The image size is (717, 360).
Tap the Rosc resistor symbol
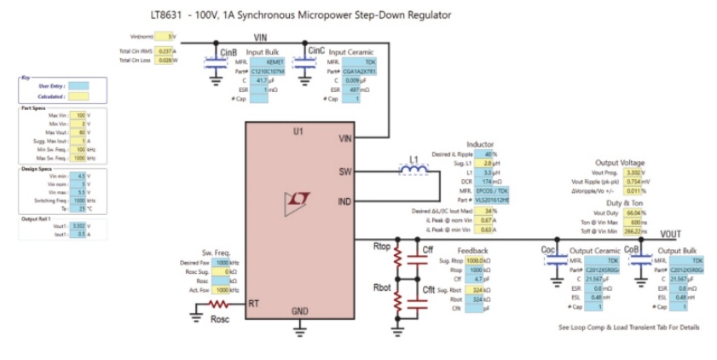(220, 304)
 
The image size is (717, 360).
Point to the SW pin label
(344, 171)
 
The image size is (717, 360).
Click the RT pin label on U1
(253, 304)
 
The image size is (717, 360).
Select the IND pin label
(344, 202)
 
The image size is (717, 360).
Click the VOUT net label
(671, 234)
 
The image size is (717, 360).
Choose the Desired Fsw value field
(224, 264)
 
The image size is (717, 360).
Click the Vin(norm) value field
(171, 37)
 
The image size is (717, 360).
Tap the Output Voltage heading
(620, 162)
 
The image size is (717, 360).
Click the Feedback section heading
(473, 251)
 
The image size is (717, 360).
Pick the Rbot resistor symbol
(397, 301)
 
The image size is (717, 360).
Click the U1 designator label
(298, 132)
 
